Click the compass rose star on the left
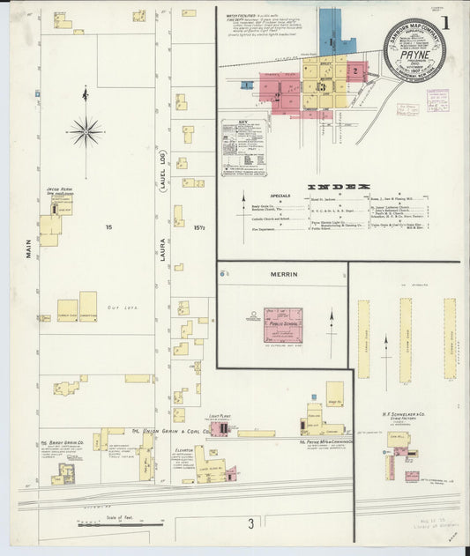click(86, 132)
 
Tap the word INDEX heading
click(338, 187)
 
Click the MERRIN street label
click(285, 274)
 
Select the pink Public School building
click(283, 324)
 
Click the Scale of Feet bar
click(107, 525)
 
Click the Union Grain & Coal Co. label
click(170, 431)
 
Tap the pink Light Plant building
click(219, 429)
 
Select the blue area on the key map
click(331, 28)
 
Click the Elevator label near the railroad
click(184, 449)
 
